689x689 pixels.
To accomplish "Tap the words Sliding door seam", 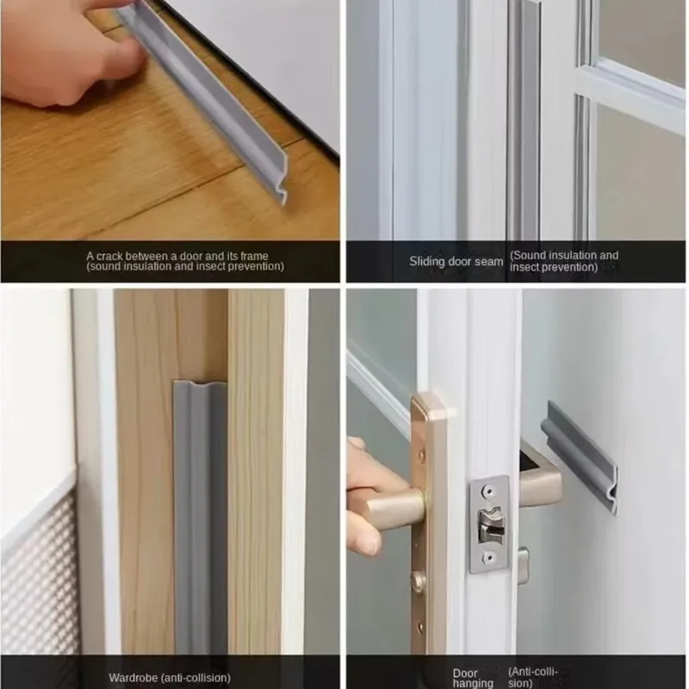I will tap(456, 261).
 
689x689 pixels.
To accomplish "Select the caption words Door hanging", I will tap(473, 678).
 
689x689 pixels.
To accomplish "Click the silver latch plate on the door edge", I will tap(488, 522).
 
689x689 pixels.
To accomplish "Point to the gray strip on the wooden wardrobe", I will tap(200, 517).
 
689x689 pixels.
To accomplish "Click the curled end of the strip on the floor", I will tap(277, 190).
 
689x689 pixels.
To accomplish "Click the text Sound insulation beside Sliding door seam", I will tap(551, 256).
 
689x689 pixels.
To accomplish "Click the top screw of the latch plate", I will tap(488, 488).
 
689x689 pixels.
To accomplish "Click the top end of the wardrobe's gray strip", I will tap(200, 388).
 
